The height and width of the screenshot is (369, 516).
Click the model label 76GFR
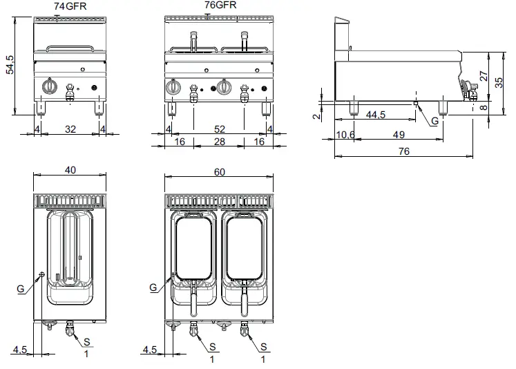221,6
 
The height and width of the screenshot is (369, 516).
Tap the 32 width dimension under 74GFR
70,128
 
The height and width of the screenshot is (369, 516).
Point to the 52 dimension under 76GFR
220,128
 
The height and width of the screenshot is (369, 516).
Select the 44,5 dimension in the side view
376,114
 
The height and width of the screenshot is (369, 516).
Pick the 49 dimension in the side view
399,134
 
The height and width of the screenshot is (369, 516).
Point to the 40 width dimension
70,169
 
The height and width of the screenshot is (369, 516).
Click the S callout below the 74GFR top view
86,342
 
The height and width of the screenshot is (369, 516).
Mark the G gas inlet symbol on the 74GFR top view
42,274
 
